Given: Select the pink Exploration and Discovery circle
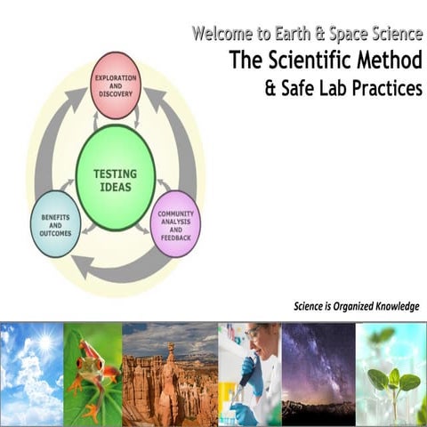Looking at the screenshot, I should [116, 97].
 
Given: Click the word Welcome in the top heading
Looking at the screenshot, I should [222, 35].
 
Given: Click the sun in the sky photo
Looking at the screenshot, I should [42, 342].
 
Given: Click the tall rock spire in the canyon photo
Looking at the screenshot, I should [170, 374].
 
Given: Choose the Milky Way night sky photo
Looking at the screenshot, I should [318, 374].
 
